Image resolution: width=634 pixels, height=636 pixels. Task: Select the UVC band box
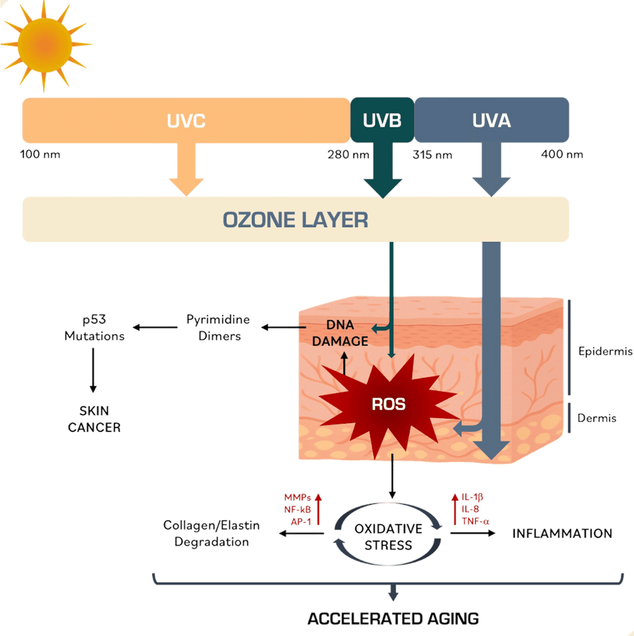pyautogui.click(x=186, y=120)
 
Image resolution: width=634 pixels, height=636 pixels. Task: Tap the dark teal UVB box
pyautogui.click(x=382, y=120)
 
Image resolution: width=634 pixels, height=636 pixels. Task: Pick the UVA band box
pyautogui.click(x=492, y=120)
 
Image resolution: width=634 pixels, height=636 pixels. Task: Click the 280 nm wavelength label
pyautogui.click(x=347, y=155)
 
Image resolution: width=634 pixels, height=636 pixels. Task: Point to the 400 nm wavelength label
pyautogui.click(x=562, y=155)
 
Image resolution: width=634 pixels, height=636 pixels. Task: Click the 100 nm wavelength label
pyautogui.click(x=41, y=155)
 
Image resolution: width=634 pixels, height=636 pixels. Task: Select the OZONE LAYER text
pyautogui.click(x=295, y=220)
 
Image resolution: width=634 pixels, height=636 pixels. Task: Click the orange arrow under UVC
pyautogui.click(x=186, y=171)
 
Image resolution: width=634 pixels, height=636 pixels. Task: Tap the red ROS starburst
pyautogui.click(x=388, y=404)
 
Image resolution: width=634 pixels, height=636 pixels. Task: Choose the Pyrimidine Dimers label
pyautogui.click(x=217, y=328)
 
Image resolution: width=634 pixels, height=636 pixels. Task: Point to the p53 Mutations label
pyautogui.click(x=94, y=328)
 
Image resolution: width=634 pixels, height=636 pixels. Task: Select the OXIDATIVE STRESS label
pyautogui.click(x=388, y=537)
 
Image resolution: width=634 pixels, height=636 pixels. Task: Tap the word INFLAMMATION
pyautogui.click(x=562, y=533)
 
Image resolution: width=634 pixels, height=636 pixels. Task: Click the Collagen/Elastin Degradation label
pyautogui.click(x=212, y=533)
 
